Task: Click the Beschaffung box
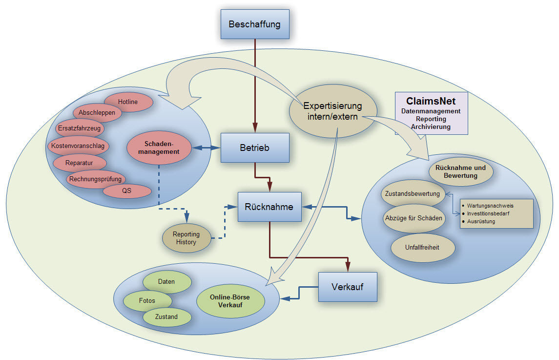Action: pos(255,24)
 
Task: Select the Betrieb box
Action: pos(255,147)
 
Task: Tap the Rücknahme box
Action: pos(269,207)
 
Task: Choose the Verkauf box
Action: pos(348,287)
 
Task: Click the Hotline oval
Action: pos(128,102)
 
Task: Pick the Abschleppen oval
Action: pos(97,112)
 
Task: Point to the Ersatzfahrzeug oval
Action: pos(79,128)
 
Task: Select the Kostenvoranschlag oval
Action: pos(78,145)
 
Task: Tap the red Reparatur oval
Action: pos(79,162)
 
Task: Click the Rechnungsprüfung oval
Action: pos(95,179)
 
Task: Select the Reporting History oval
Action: pos(186,238)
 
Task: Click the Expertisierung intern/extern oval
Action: pos(333,111)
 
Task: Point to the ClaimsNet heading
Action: pos(431,101)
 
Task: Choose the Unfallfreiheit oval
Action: pos(423,247)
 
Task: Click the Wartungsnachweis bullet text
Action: pos(490,206)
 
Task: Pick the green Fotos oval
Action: pos(147,300)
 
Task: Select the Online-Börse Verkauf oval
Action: pos(230,301)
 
